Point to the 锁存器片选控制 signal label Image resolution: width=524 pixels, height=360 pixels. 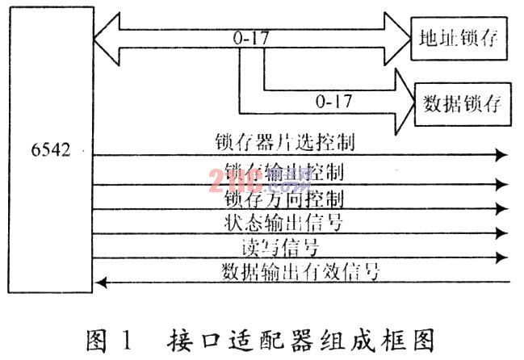(x=286, y=143)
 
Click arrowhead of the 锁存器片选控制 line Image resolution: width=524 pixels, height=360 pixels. (x=502, y=154)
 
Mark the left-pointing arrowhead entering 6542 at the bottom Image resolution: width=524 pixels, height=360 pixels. (x=100, y=282)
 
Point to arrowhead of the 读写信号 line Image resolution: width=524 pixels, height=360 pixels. (x=502, y=258)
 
